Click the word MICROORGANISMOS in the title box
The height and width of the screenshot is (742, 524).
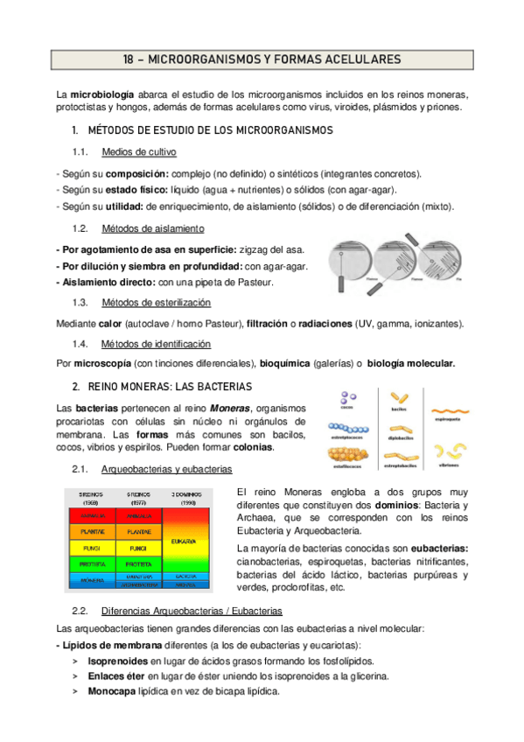[x=199, y=59]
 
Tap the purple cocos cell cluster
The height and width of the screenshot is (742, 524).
[x=348, y=398]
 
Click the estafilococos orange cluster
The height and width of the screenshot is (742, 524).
[x=348, y=457]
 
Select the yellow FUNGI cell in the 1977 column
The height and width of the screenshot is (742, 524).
[x=137, y=548]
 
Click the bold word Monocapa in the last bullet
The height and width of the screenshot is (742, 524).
[x=112, y=690]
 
